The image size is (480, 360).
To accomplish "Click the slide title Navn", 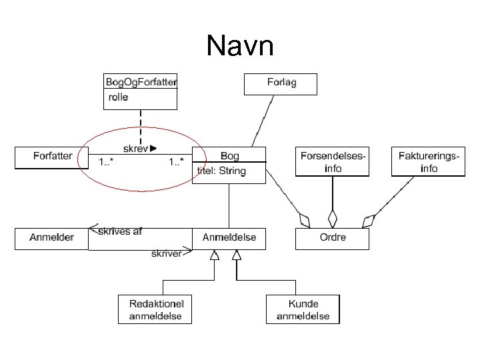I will click(239, 47).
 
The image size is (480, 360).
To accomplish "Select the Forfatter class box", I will click(53, 157).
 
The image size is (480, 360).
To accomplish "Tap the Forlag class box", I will click(281, 84).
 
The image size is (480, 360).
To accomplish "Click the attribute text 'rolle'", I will click(117, 97).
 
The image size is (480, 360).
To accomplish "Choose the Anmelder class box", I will click(51, 239).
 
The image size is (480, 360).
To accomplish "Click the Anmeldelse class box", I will click(229, 238).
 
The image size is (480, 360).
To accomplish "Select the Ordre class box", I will click(331, 239).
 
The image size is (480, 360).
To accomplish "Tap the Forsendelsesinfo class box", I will click(332, 161).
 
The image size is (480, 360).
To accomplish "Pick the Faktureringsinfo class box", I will click(428, 161).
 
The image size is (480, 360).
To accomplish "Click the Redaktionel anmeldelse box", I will click(155, 309).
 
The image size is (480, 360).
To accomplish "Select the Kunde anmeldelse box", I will click(303, 309).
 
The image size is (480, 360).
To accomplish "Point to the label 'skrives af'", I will click(120, 232).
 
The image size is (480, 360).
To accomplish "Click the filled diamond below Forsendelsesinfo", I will click(332, 219).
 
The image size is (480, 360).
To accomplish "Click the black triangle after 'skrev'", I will click(153, 148).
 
